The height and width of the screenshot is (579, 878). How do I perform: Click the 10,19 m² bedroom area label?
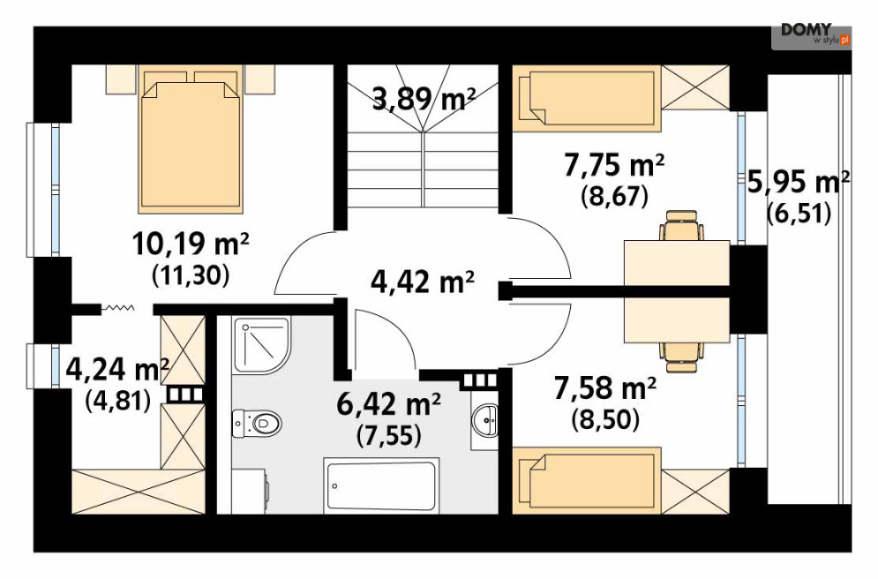pos(191,245)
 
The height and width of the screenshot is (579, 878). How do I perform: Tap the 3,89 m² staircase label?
pos(424,100)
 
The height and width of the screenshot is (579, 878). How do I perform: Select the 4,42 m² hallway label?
pos(423,281)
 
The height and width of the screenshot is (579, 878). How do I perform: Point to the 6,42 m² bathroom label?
pos(388,404)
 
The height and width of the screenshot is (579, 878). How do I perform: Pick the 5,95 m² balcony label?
pos(799,182)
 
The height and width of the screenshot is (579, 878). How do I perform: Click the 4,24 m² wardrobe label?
pos(117,370)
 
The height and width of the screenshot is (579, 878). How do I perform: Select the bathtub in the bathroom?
pos(381,485)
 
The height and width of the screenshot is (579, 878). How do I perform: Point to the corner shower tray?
pos(261,345)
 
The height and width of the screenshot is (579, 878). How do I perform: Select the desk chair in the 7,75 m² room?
pos(681,225)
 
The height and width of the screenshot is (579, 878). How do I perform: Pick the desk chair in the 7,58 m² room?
pos(681,357)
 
